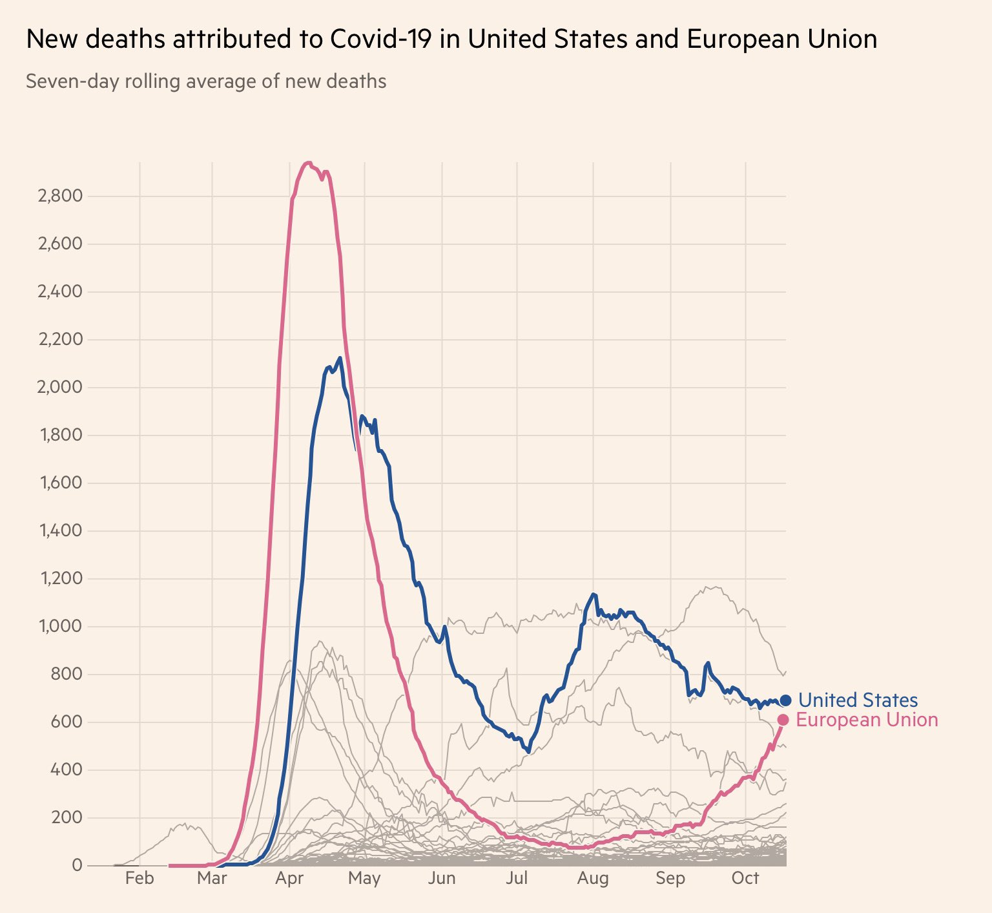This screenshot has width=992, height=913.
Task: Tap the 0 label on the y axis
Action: point(77,865)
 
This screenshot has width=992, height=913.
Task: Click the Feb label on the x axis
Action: point(139,879)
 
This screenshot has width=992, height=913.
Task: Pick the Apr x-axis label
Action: point(289,879)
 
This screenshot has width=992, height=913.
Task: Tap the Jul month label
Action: point(517,879)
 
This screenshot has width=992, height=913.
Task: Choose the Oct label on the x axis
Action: point(745,879)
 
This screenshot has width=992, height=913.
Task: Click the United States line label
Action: point(858,700)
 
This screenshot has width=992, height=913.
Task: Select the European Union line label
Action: point(867,720)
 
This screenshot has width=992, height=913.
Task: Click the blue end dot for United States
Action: point(785,700)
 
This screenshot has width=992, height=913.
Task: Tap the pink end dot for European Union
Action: point(783,720)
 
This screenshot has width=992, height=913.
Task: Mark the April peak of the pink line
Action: point(309,163)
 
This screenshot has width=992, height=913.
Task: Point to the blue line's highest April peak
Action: point(340,357)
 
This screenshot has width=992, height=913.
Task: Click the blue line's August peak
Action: point(593,594)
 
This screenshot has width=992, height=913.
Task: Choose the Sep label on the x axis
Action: point(670,879)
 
